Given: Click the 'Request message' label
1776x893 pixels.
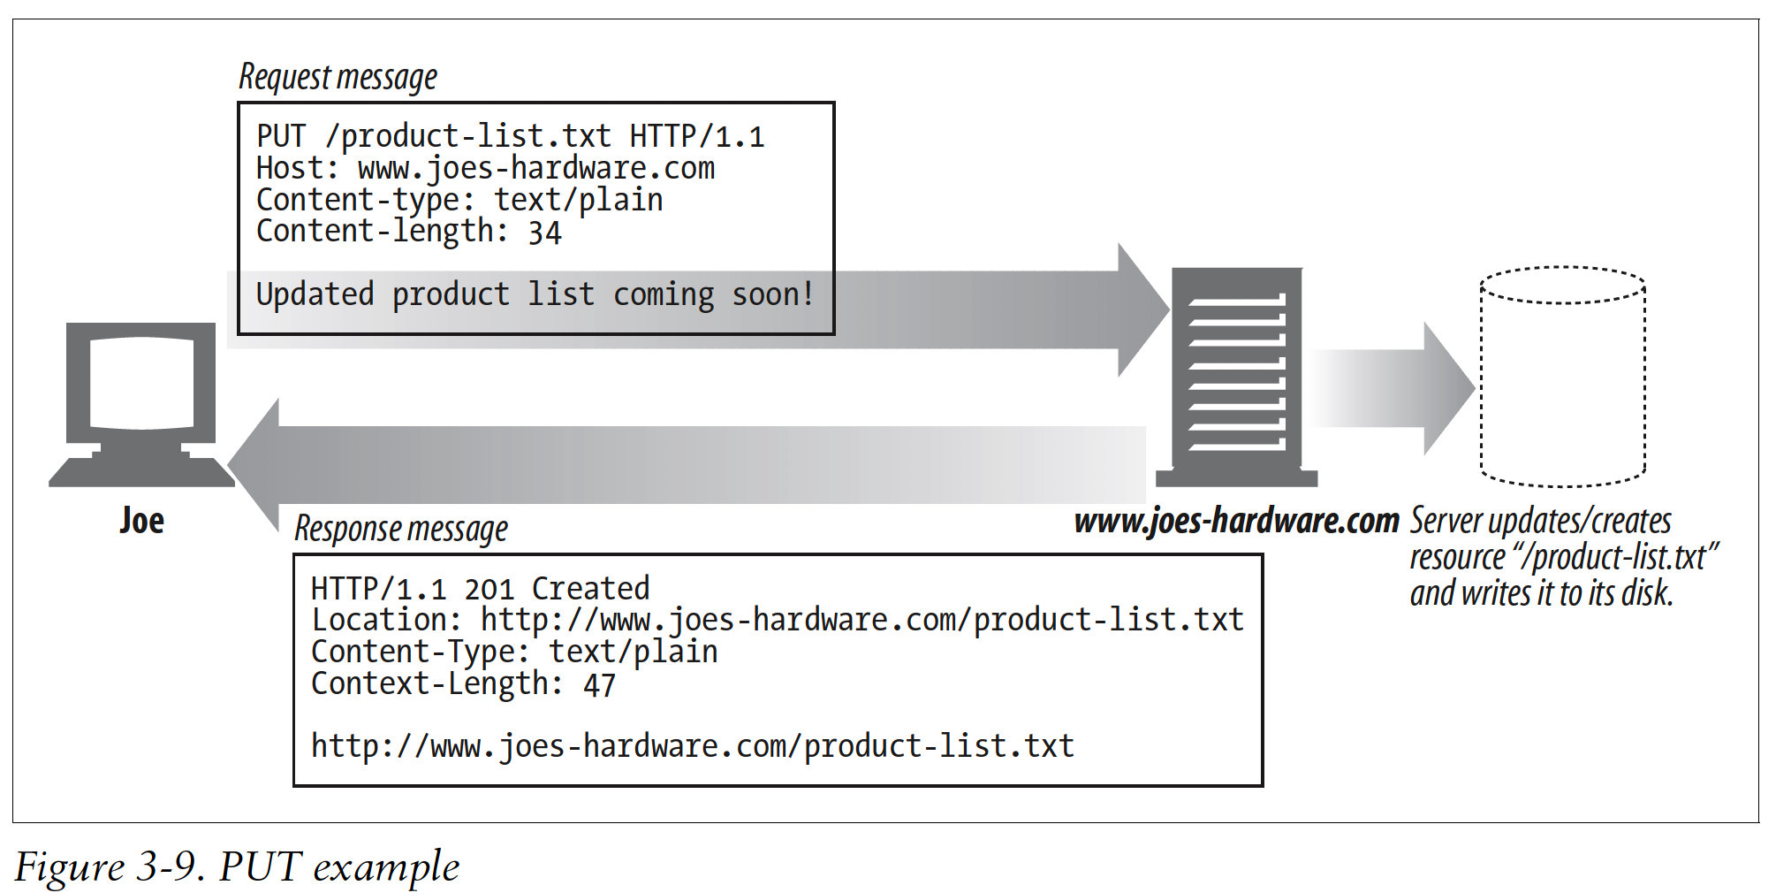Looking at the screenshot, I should point(338,78).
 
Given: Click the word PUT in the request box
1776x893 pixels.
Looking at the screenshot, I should point(281,136).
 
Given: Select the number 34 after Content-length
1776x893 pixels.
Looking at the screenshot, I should point(544,233).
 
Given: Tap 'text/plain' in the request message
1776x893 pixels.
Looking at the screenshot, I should point(578,200).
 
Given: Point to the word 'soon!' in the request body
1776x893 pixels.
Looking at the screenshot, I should point(772,294).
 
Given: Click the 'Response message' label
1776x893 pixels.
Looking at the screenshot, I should point(400,529).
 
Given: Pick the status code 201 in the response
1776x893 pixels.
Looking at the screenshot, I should point(489,589).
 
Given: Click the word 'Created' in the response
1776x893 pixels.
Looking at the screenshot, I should point(590,589).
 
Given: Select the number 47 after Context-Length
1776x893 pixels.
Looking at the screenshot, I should point(599,685).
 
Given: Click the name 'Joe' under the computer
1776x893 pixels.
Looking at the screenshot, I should point(142,521).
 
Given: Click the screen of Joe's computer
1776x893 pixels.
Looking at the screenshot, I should point(141,382).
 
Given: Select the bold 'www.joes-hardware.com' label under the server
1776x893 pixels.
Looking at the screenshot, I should point(1236,521).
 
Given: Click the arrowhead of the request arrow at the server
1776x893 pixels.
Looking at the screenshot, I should point(1141,309).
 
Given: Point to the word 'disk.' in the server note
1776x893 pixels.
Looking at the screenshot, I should point(1647,593).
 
